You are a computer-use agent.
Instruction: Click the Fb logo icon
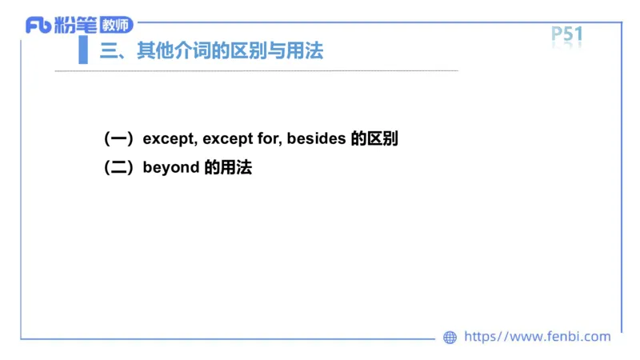click(x=38, y=26)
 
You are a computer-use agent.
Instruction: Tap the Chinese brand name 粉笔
click(x=76, y=26)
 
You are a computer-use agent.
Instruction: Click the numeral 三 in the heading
click(x=107, y=52)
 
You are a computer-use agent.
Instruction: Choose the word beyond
click(x=170, y=169)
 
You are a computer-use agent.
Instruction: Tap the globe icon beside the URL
click(x=450, y=338)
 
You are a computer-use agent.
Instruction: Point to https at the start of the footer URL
click(x=480, y=337)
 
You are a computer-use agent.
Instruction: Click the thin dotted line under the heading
click(x=256, y=71)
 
